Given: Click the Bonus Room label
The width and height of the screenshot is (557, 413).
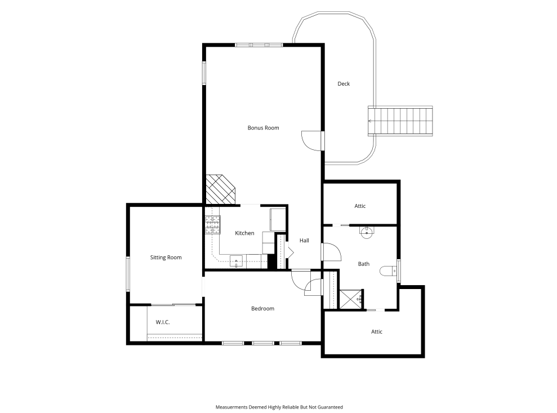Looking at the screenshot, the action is [263, 127].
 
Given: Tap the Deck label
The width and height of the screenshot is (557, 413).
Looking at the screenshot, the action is [344, 83].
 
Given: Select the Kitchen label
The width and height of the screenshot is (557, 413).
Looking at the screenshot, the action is [244, 233].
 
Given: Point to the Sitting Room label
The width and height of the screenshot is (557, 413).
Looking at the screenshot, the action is [166, 257].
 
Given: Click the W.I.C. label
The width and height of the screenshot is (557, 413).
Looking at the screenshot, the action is [163, 322].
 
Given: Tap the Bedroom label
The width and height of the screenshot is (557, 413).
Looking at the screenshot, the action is [262, 309].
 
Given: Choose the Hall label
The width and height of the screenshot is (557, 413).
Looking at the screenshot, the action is [304, 241].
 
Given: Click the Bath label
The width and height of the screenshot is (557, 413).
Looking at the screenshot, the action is [363, 264].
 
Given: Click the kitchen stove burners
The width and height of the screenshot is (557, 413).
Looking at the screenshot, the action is [212, 225].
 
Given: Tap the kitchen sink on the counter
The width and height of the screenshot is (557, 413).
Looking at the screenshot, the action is [236, 261].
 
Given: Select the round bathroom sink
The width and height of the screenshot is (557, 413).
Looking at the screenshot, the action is [366, 233].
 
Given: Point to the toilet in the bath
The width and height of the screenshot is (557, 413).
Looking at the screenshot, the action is [388, 271].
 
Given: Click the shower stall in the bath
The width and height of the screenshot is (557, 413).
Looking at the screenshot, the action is [351, 299].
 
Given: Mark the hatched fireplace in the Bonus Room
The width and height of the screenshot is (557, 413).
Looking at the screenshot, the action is [221, 189].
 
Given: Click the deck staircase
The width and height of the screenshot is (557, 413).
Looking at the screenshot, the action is [400, 121].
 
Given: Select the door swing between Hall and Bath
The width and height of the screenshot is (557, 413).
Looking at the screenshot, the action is [332, 252].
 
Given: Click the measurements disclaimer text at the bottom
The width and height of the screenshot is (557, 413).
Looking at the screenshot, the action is [279, 407].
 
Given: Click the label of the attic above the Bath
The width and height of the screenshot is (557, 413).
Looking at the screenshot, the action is [360, 206].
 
